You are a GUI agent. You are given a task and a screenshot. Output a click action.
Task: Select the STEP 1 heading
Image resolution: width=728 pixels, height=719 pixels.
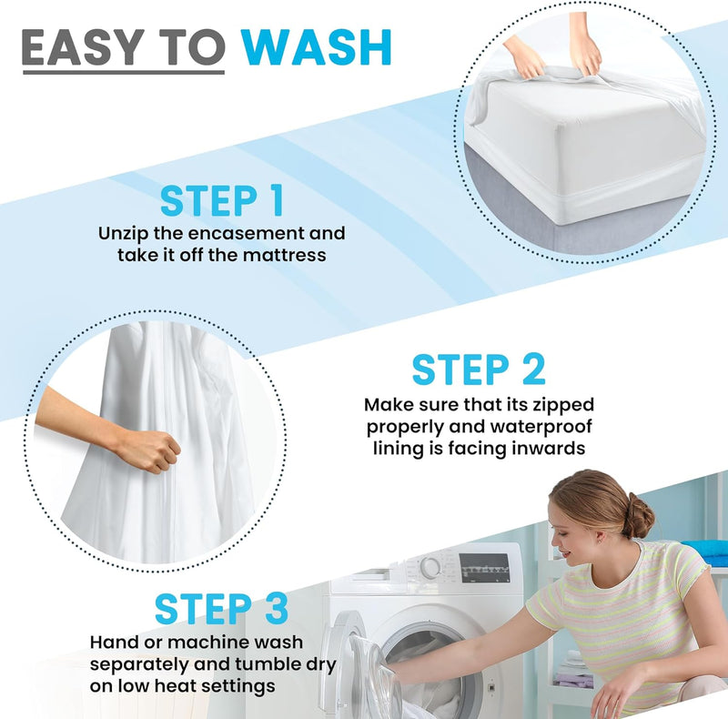(221, 200)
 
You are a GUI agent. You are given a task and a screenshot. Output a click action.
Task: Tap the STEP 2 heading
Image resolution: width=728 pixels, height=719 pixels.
(478, 370)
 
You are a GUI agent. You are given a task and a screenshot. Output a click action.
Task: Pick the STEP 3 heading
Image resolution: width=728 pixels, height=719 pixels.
(221, 609)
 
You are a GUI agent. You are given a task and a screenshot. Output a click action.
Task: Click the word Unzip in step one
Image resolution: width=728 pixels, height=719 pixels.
(125, 233)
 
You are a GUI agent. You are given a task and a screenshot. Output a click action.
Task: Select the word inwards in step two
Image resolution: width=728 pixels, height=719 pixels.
(544, 449)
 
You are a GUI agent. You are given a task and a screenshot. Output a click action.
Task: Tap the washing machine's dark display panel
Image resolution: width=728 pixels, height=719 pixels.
(484, 567)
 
